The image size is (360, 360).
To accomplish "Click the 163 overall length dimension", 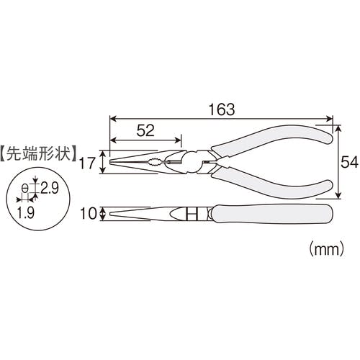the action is click(x=222, y=109).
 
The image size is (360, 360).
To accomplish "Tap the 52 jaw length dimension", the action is click(x=145, y=130).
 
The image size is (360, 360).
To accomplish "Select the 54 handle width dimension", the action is click(x=349, y=162).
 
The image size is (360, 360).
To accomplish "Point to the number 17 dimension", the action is click(x=87, y=163).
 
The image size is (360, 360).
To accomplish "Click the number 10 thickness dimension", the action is click(x=89, y=213).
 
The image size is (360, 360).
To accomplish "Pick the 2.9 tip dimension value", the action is click(x=50, y=188).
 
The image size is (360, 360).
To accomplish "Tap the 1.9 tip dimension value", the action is click(x=26, y=212).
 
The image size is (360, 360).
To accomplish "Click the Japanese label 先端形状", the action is click(x=39, y=153).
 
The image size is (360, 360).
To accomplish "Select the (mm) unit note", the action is click(x=326, y=249).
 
